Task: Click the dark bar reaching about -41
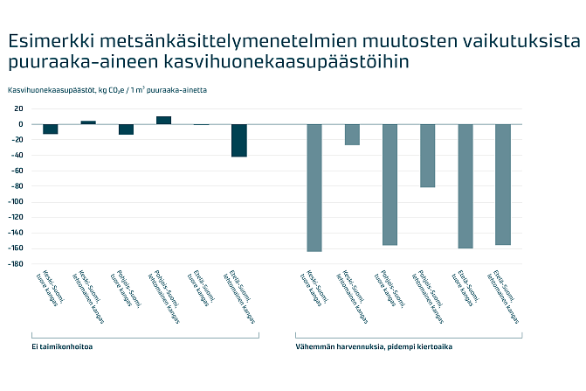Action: tap(239, 140)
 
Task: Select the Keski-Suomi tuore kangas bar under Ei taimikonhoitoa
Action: tap(51, 129)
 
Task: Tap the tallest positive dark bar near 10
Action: tap(164, 120)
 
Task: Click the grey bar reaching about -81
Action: tap(427, 156)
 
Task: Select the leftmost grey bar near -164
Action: tap(314, 187)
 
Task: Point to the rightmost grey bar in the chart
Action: tap(503, 184)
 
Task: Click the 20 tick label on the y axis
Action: tap(17, 109)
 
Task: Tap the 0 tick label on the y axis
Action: tap(20, 124)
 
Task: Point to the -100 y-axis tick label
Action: tap(15, 202)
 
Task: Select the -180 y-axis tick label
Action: tap(15, 264)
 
